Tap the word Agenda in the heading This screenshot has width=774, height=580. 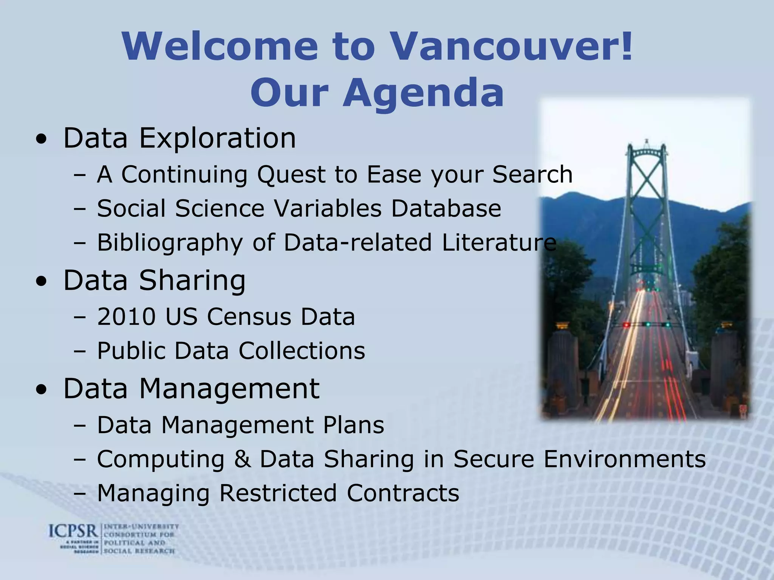tap(423, 93)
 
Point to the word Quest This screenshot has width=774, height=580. tap(292, 175)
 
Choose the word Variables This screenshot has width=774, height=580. tap(328, 208)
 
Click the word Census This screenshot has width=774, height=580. tap(249, 316)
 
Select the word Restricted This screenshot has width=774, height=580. tap(278, 493)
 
